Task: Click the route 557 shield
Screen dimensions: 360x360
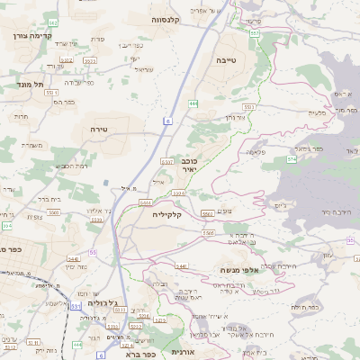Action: click(255, 32)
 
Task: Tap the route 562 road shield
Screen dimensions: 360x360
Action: click(52, 22)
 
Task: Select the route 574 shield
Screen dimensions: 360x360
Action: click(291, 158)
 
